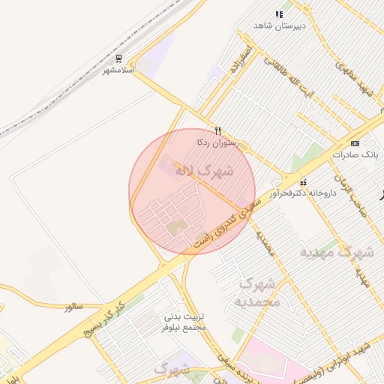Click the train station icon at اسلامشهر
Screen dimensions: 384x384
point(120,58)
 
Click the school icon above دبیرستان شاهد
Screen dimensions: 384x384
point(279,14)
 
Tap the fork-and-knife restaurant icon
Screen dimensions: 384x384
point(217,130)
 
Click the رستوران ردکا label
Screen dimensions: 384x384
point(216,142)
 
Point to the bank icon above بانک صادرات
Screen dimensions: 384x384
point(355,143)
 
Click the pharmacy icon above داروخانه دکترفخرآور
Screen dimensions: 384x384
point(304,182)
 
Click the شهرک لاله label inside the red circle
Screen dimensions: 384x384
point(204,171)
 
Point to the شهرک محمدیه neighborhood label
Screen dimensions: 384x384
point(258,293)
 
